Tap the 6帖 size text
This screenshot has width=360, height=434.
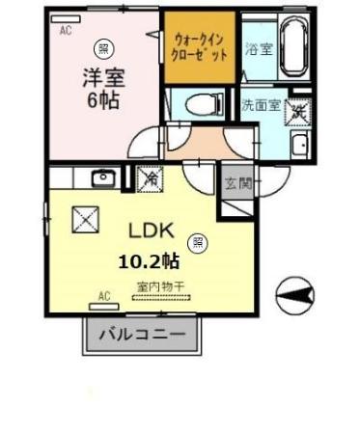[x=100, y=100]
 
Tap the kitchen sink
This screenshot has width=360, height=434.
[x=102, y=177]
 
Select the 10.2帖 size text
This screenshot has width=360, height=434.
[x=149, y=259]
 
